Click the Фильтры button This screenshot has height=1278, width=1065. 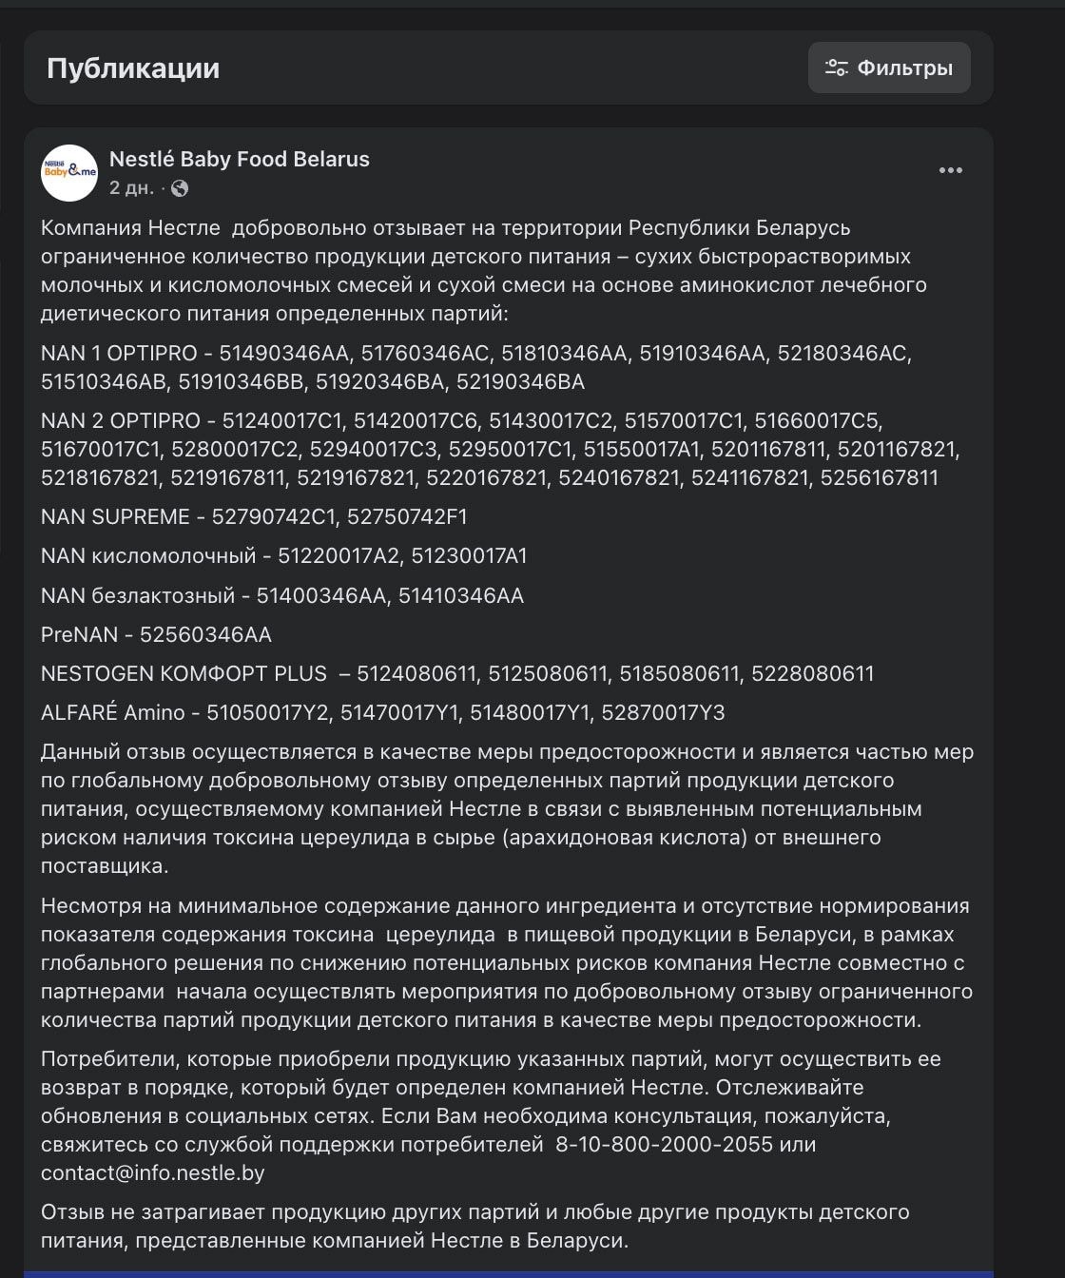click(x=889, y=68)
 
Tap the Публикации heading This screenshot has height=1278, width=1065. click(x=133, y=68)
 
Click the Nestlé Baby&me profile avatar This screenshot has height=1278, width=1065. click(x=69, y=172)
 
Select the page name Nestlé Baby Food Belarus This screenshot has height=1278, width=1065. click(x=239, y=159)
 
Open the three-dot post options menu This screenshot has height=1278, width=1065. click(x=950, y=170)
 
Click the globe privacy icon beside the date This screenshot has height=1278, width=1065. click(x=180, y=188)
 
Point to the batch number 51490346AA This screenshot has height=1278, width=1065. click(x=284, y=353)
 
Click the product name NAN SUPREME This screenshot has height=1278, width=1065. click(x=115, y=516)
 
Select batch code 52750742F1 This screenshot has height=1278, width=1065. click(x=407, y=516)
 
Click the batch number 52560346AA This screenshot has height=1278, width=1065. click(x=205, y=634)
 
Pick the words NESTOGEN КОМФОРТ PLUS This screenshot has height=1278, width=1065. click(x=184, y=673)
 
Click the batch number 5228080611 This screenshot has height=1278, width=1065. click(x=812, y=673)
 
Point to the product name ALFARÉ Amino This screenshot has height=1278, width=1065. click(x=114, y=712)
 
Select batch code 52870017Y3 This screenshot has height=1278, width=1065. click(x=663, y=712)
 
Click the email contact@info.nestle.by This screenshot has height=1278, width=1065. click(x=152, y=1172)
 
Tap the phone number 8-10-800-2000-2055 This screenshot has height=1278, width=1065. click(x=664, y=1144)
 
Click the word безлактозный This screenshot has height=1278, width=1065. click(x=163, y=595)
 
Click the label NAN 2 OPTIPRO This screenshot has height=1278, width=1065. click(x=121, y=420)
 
